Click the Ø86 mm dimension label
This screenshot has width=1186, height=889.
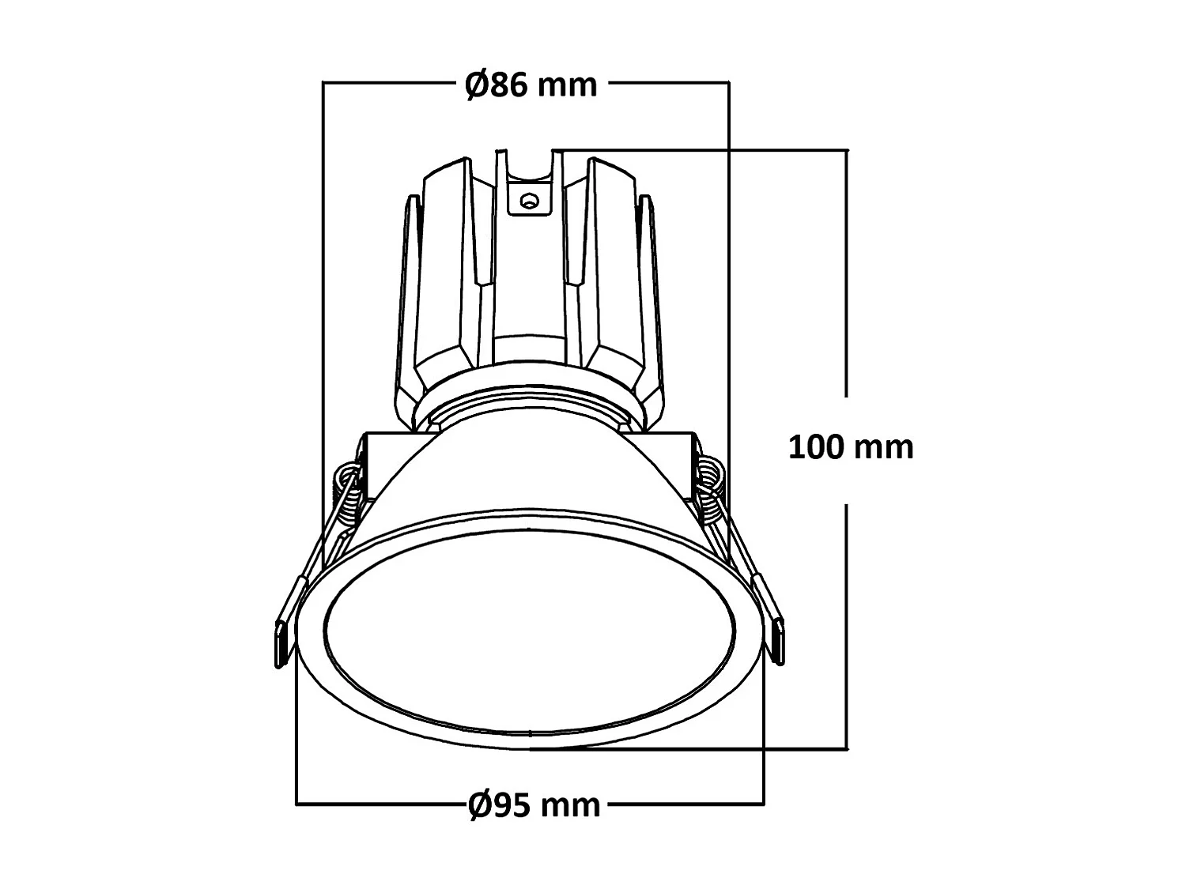[x=531, y=84]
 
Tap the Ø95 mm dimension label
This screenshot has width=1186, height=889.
[x=534, y=805]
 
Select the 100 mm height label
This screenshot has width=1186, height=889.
[x=851, y=447]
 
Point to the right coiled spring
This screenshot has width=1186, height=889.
[x=709, y=490]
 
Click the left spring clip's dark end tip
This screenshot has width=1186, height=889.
[x=279, y=644]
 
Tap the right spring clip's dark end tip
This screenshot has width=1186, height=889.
[x=780, y=640]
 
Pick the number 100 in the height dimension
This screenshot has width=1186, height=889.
[x=817, y=447]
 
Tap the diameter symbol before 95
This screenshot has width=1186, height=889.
[x=479, y=805]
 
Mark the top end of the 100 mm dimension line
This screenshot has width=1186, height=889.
[x=847, y=149]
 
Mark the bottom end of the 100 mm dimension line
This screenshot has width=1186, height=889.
[x=847, y=747]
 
